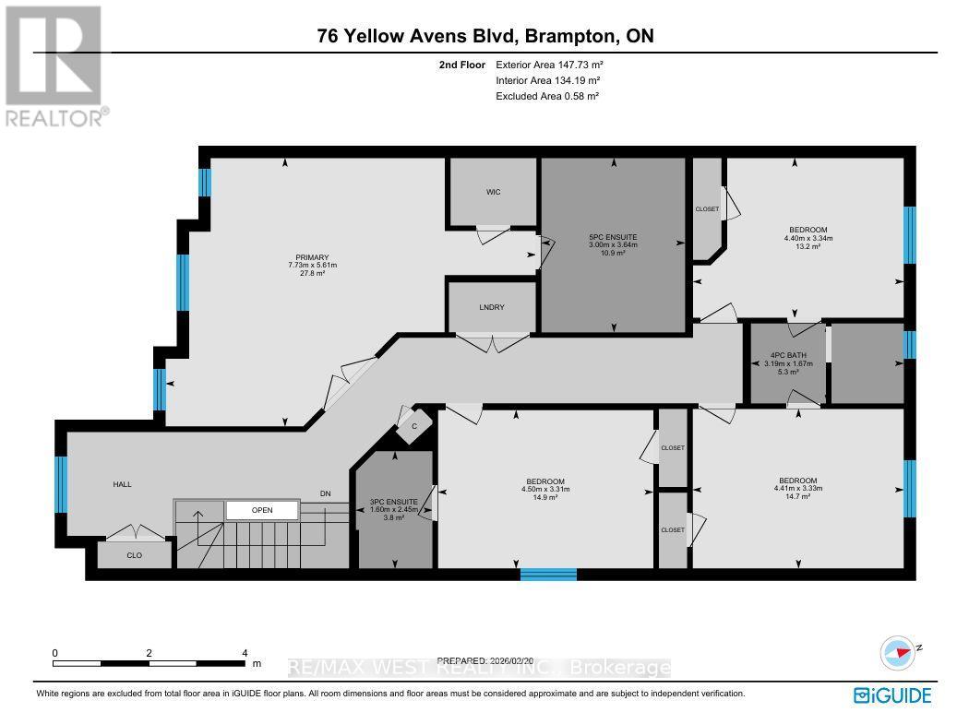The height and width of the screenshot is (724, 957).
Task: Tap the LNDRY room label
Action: pos(492,307)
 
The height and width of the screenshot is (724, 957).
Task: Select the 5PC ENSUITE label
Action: pos(613,237)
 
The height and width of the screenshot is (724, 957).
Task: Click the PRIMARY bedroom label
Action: pos(308,257)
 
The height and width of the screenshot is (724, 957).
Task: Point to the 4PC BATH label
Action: pos(787,354)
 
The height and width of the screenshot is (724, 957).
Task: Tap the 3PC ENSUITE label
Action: pos(394,502)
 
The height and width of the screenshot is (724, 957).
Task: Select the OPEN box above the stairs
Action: pos(262,510)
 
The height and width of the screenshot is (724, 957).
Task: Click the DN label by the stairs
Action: pos(325,494)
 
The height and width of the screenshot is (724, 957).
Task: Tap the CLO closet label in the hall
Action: pos(134,555)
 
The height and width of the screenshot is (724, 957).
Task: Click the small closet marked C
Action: pos(414,426)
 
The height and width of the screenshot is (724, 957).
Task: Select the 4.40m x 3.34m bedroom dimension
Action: pos(807,238)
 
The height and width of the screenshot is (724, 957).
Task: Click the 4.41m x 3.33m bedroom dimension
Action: pos(797,489)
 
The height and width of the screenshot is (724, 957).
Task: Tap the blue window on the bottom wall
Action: pos(547,574)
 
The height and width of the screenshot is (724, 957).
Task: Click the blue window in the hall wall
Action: pos(62,484)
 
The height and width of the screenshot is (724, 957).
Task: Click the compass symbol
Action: pos(900,651)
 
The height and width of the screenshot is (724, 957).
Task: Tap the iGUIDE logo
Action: pos(891,695)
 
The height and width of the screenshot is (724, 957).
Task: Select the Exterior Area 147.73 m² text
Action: pos(549,65)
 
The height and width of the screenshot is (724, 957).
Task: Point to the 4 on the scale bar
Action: pos(245,652)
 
